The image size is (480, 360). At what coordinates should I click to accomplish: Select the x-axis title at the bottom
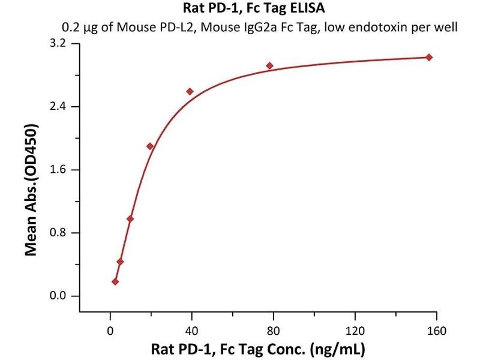click(259, 349)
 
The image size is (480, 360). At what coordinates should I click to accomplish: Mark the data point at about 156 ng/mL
click(429, 57)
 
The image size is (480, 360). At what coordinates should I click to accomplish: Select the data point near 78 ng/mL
click(270, 65)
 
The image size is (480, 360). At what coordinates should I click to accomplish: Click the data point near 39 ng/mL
click(190, 91)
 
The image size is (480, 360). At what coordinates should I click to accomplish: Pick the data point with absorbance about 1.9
click(150, 146)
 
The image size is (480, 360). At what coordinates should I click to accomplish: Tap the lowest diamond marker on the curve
click(115, 281)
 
